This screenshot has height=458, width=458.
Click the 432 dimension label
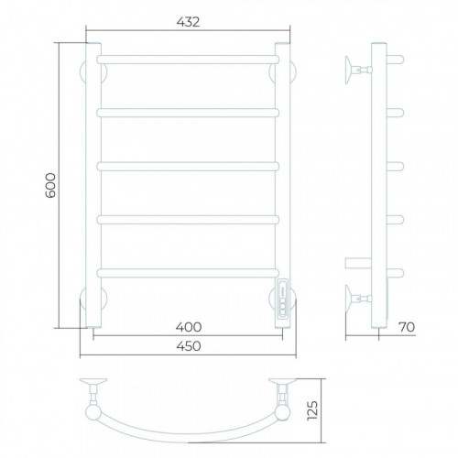pos(188,22)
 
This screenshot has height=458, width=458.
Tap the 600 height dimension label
pos(50,185)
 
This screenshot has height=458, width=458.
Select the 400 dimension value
pos(189,327)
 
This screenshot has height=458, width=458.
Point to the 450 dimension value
pos(189,346)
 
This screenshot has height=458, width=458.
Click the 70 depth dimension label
pos(407,327)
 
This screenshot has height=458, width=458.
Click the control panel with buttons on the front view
pos(282,298)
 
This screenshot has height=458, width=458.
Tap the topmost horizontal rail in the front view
pos(188,60)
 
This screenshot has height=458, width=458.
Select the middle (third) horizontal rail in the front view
pos(188,167)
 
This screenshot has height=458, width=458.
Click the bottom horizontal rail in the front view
pos(188,273)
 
